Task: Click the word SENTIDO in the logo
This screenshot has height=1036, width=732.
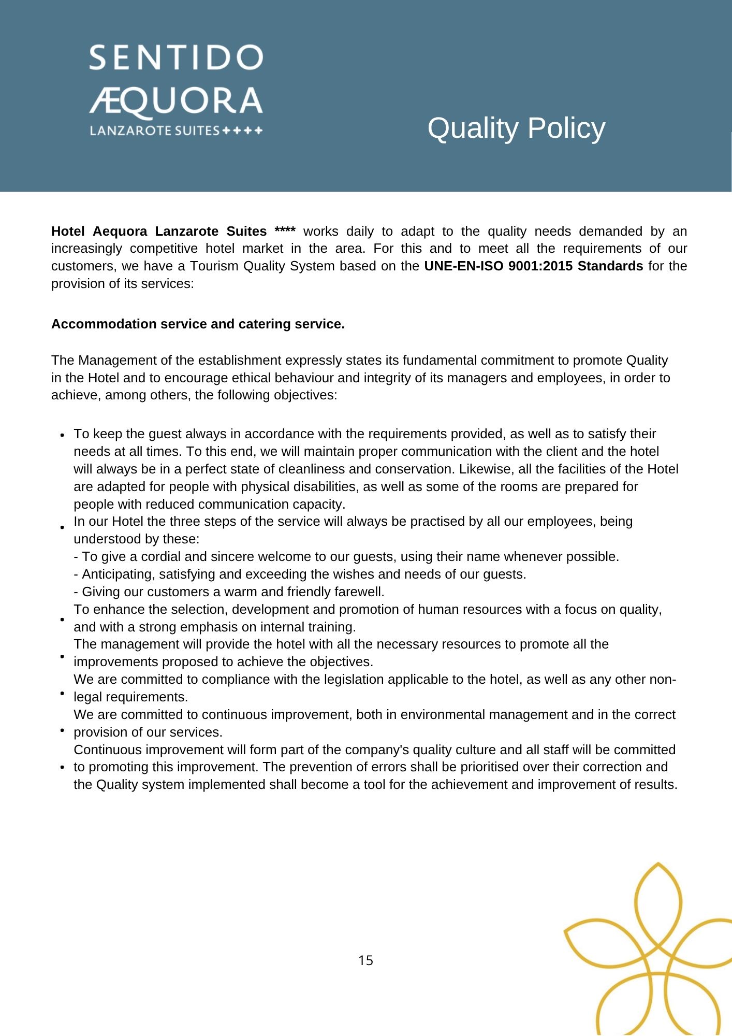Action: [x=176, y=57]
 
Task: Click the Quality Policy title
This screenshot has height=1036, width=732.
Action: [x=516, y=128]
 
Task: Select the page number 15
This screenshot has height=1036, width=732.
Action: [x=365, y=960]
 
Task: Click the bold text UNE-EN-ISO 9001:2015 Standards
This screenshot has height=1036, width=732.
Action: [x=533, y=266]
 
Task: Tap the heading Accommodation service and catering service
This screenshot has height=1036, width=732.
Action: [x=198, y=324]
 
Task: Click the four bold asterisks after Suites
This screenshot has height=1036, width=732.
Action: [x=285, y=231]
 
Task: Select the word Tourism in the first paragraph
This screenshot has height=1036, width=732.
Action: [x=215, y=266]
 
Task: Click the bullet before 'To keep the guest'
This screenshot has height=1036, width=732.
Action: [x=62, y=435]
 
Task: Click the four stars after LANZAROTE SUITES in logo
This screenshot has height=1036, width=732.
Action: [x=242, y=131]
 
